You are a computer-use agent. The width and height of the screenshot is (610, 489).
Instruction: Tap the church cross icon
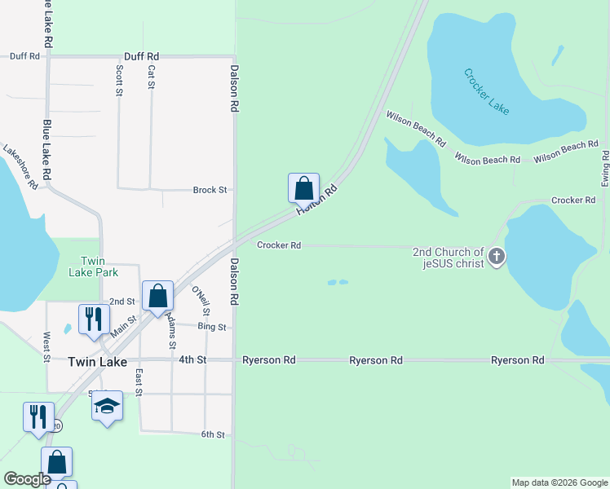(496, 258)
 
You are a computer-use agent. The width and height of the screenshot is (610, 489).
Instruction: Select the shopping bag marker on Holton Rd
(303, 188)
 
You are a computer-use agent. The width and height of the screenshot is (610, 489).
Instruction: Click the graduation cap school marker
(107, 406)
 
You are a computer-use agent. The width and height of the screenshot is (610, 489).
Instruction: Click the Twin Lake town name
(97, 362)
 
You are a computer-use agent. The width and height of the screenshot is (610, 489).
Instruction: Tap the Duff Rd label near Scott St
(141, 56)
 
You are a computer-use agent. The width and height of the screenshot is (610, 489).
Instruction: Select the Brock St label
(210, 190)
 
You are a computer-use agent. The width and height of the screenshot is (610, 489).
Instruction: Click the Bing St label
(211, 327)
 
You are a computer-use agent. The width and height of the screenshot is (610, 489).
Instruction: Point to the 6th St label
(212, 435)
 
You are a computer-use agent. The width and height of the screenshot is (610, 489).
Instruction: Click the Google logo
(27, 479)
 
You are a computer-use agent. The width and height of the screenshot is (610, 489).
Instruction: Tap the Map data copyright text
(560, 482)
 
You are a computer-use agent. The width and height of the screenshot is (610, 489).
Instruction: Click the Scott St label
(119, 81)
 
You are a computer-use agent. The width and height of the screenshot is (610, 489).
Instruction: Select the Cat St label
(151, 77)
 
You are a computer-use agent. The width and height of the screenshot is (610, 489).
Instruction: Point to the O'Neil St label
(200, 301)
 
